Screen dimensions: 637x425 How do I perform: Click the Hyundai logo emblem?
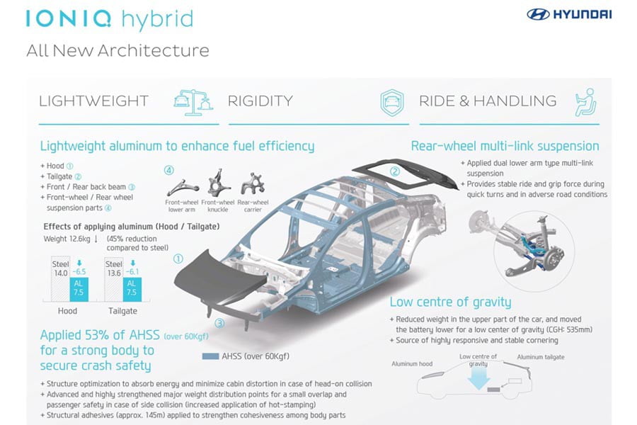(539, 15)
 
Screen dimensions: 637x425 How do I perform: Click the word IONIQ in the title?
(68, 18)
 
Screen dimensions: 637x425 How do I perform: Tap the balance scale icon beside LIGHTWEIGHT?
(193, 102)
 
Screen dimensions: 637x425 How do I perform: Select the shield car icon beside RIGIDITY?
(392, 103)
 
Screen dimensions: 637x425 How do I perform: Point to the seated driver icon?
(586, 103)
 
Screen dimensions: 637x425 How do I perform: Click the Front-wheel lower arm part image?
(182, 187)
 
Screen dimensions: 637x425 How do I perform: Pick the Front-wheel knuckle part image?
(218, 182)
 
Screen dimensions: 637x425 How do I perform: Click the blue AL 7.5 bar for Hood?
(79, 289)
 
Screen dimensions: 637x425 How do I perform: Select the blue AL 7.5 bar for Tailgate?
(132, 289)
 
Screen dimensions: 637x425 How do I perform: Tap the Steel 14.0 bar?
(61, 279)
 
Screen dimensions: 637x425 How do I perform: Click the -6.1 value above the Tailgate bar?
(132, 272)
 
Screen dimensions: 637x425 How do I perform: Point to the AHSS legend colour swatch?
(210, 356)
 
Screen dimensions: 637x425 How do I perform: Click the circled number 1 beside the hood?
(178, 259)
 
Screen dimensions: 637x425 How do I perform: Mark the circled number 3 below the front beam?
(219, 323)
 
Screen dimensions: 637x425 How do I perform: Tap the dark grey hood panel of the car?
(215, 278)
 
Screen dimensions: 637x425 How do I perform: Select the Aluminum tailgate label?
(541, 357)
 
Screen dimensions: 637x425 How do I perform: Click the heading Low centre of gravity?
(450, 302)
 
